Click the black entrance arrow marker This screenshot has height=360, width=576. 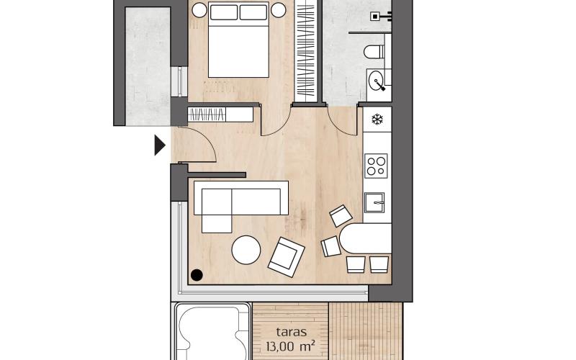click(160, 146)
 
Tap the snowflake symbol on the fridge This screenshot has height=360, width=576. click(377, 119)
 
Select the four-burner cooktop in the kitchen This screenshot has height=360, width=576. click(376, 166)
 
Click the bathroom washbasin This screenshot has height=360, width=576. click(377, 82)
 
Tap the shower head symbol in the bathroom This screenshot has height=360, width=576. click(376, 16)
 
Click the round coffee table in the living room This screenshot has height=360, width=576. click(246, 251)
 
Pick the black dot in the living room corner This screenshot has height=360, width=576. click(197, 274)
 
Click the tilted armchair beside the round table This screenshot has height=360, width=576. click(286, 257)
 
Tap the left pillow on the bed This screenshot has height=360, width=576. click(222, 12)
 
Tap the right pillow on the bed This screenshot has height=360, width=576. click(253, 12)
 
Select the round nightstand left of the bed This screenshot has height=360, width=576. click(199, 10)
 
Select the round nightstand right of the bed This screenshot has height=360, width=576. click(278, 10)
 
